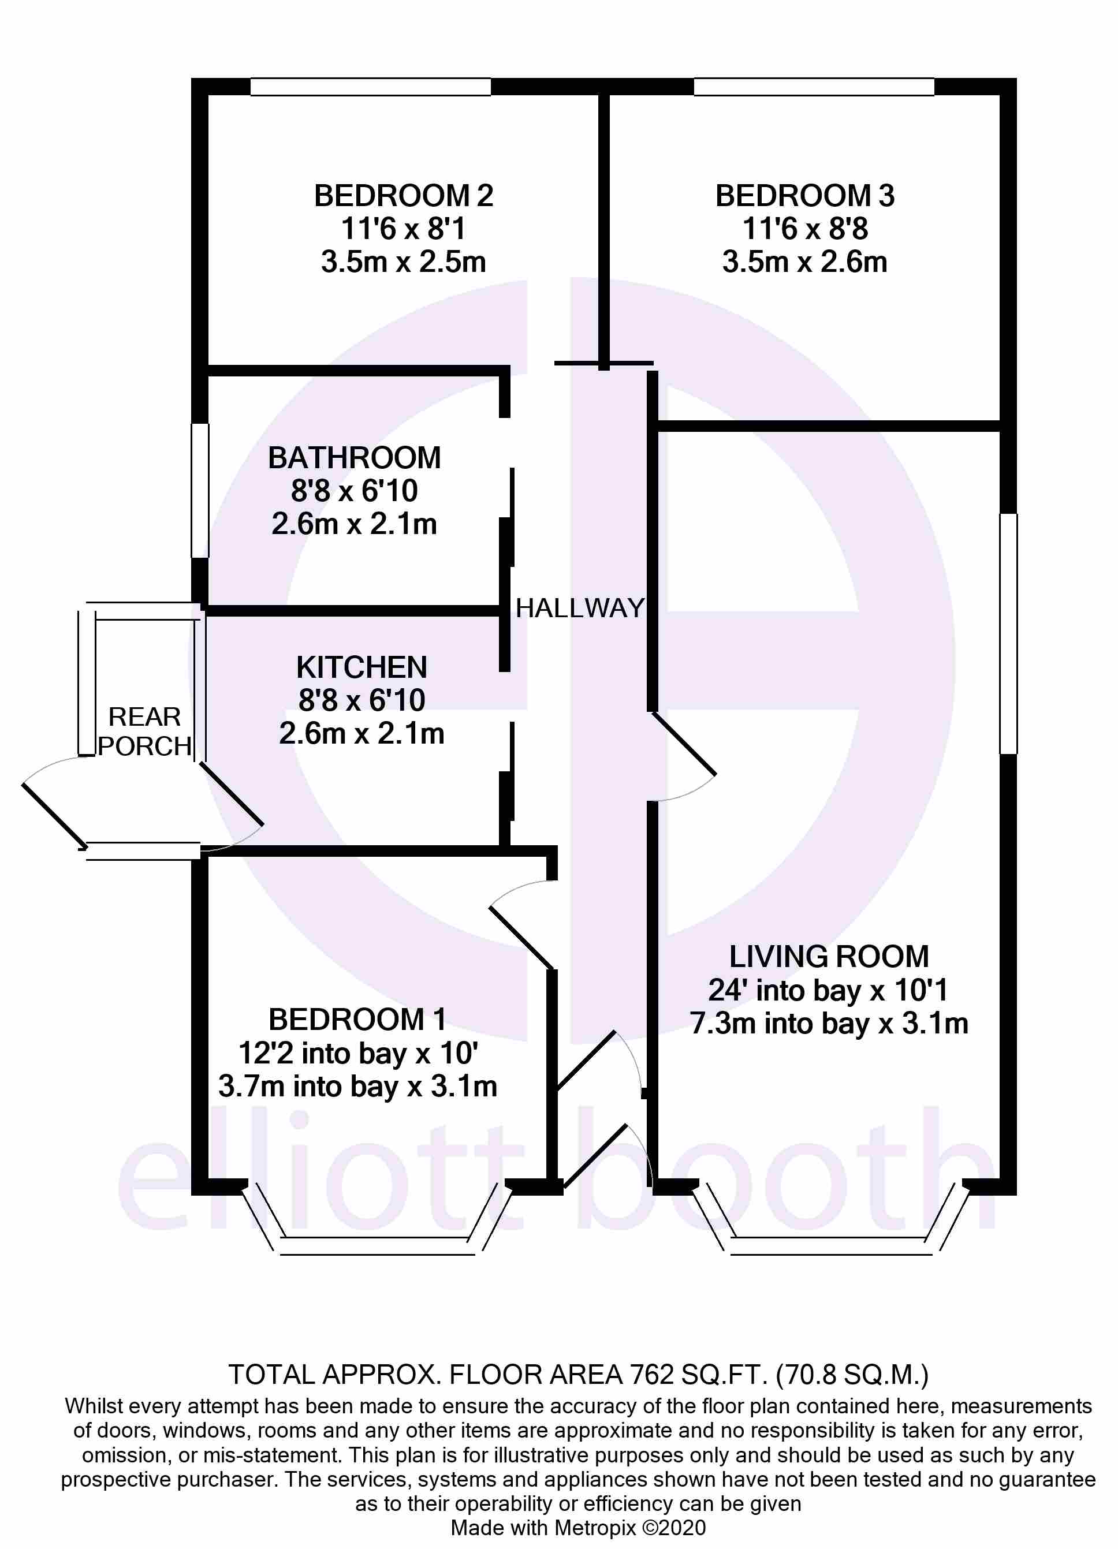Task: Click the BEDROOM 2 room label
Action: click(x=403, y=196)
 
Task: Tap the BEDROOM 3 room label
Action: click(x=804, y=196)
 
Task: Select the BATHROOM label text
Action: click(x=354, y=458)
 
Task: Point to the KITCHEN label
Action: click(x=362, y=667)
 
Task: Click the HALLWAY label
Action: click(x=579, y=608)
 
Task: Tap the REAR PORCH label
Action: click(x=144, y=731)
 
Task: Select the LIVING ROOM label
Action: click(x=829, y=957)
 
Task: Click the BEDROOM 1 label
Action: click(x=357, y=1020)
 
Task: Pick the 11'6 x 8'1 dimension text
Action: click(x=403, y=229)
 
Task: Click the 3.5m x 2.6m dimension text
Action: click(x=804, y=262)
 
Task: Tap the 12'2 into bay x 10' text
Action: click(x=357, y=1053)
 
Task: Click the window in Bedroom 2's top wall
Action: click(x=370, y=87)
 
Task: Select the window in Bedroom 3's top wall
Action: click(x=814, y=87)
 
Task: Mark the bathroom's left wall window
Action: click(x=199, y=490)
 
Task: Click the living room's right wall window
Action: click(x=1008, y=634)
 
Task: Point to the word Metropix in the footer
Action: click(x=594, y=1528)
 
